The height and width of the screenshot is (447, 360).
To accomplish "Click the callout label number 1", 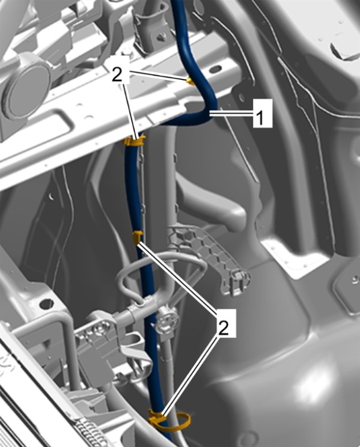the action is point(263,113).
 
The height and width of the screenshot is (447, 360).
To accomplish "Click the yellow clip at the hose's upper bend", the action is point(191,82).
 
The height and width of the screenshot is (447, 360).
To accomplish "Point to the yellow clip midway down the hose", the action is point(138,237).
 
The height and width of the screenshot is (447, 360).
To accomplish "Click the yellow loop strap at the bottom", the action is point(170,420).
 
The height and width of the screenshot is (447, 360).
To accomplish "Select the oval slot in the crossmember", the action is point(216,68).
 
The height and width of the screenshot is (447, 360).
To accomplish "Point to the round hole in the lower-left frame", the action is point(46,304).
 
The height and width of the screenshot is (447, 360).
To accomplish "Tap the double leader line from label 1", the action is point(231,114).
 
